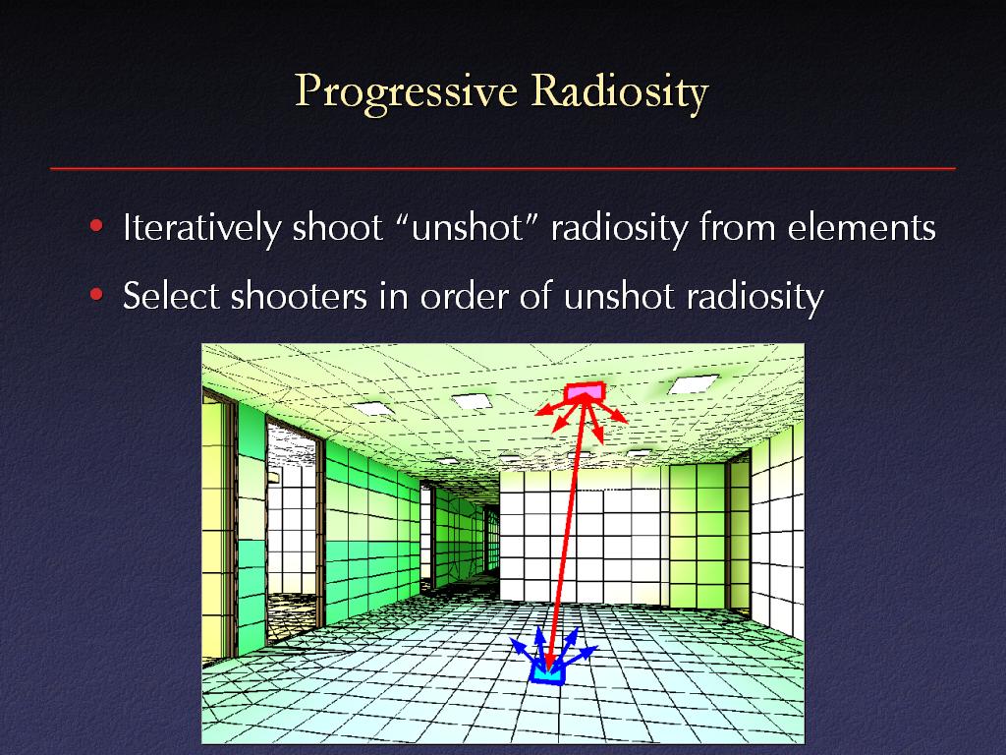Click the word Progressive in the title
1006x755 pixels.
(406, 92)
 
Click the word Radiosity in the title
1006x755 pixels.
(620, 92)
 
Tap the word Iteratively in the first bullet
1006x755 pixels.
(202, 227)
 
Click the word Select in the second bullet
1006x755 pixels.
(171, 296)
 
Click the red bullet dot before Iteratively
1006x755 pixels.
(97, 226)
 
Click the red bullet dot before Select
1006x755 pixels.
(97, 295)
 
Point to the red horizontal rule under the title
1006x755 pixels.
(503, 169)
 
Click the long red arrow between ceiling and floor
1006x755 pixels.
(567, 533)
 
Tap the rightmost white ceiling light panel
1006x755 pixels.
(693, 384)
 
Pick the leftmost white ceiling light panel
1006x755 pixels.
(372, 408)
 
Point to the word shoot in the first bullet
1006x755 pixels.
(338, 227)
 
